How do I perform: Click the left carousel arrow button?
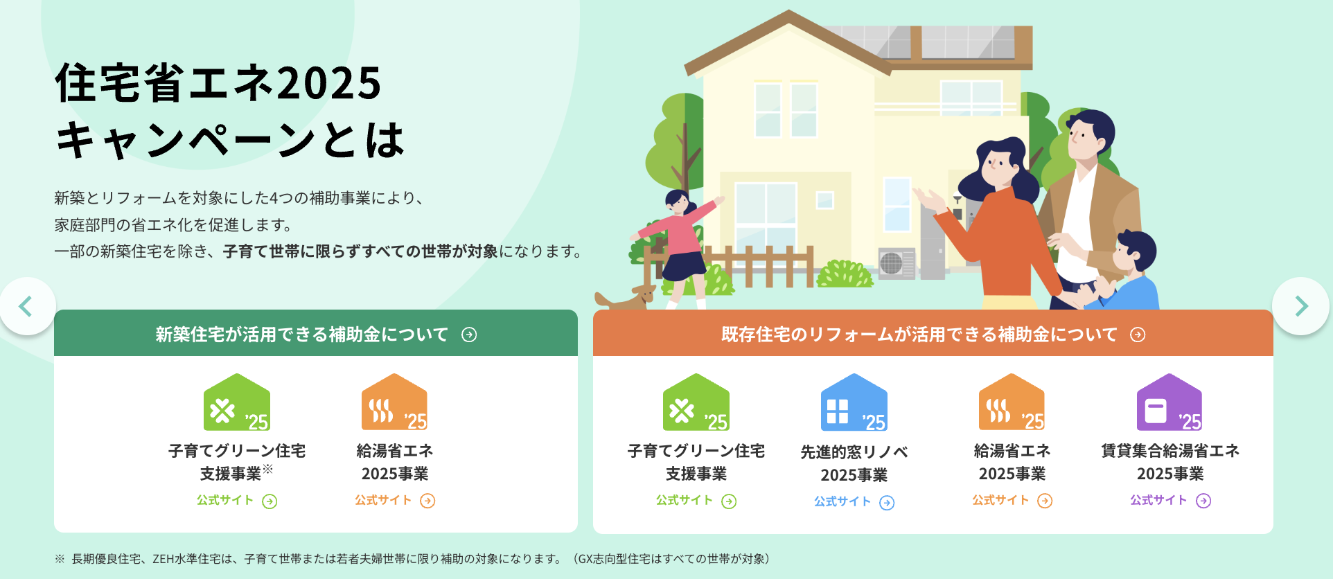coord(26,306)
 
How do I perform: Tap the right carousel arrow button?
coord(1300,306)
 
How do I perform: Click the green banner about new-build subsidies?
coord(315,334)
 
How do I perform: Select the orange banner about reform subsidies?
coord(933,334)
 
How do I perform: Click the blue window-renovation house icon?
coord(854,403)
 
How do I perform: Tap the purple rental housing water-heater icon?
coord(1169,403)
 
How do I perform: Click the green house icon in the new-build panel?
coord(236,403)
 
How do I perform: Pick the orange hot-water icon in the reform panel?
coord(1012,403)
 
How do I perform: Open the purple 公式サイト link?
coord(1169,501)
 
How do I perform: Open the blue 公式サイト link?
coord(854,502)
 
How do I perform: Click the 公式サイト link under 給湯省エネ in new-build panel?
coord(394,501)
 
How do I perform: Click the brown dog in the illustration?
coord(627,299)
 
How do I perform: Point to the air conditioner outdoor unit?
coord(896,263)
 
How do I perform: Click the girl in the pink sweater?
coord(679,235)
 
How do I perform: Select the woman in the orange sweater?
coord(998,229)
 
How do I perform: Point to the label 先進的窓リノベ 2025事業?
coord(854,463)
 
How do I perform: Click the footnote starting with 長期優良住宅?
coord(416,559)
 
